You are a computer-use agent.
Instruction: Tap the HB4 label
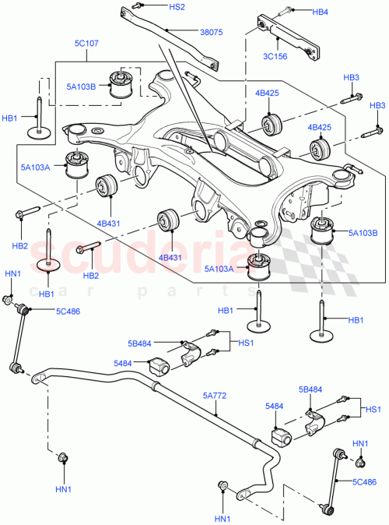point(321,12)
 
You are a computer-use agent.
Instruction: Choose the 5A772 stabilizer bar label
point(215,396)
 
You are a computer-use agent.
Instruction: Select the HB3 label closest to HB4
point(352,78)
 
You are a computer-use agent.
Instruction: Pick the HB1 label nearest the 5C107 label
point(10,118)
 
